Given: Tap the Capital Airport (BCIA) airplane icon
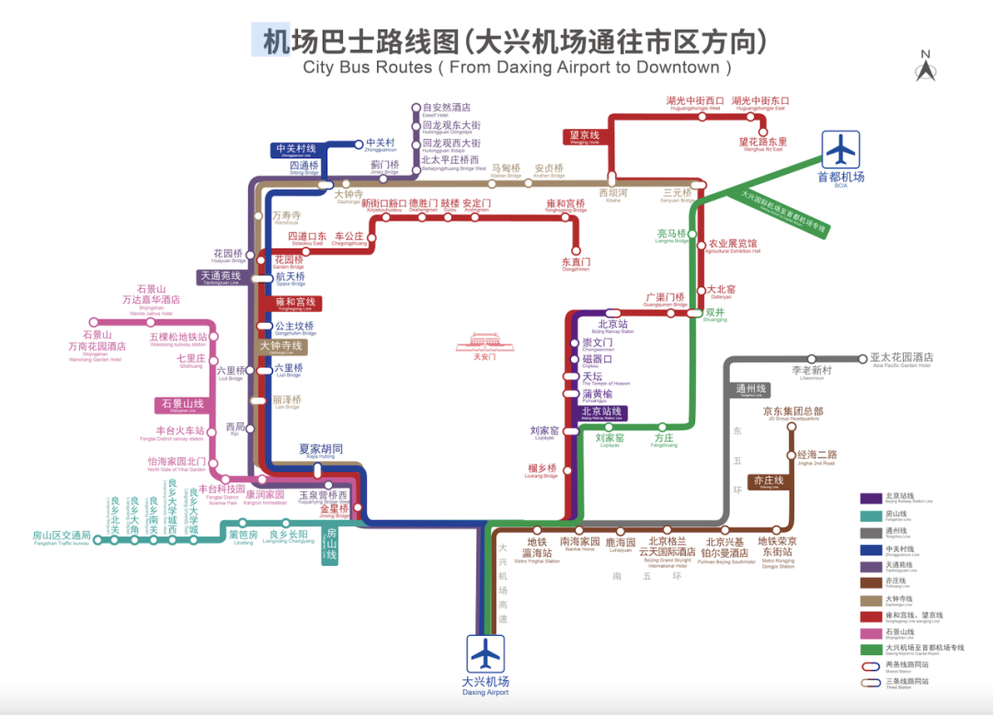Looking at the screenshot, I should [x=840, y=149].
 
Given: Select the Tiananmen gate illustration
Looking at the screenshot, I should [x=484, y=343].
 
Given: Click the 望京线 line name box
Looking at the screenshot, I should [x=585, y=137].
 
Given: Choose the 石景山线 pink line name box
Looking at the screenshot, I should [x=182, y=405].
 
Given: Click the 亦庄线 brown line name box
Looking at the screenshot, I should [x=768, y=481].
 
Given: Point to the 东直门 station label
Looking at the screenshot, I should [x=576, y=263].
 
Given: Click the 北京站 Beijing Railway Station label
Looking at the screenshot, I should [x=612, y=325].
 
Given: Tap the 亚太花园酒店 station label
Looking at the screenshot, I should [x=902, y=358].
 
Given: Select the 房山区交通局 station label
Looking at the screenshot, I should [x=61, y=536].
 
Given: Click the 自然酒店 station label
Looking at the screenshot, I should [x=446, y=108].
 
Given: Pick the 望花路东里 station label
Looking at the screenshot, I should [x=763, y=143].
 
